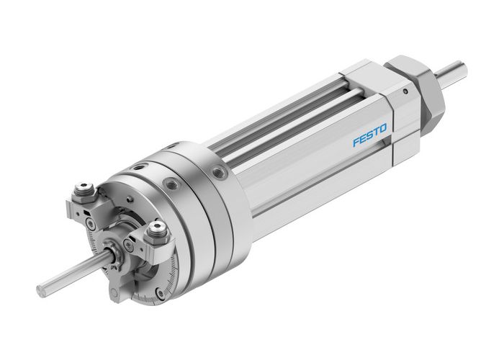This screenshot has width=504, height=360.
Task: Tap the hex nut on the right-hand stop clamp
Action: coord(157,230)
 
